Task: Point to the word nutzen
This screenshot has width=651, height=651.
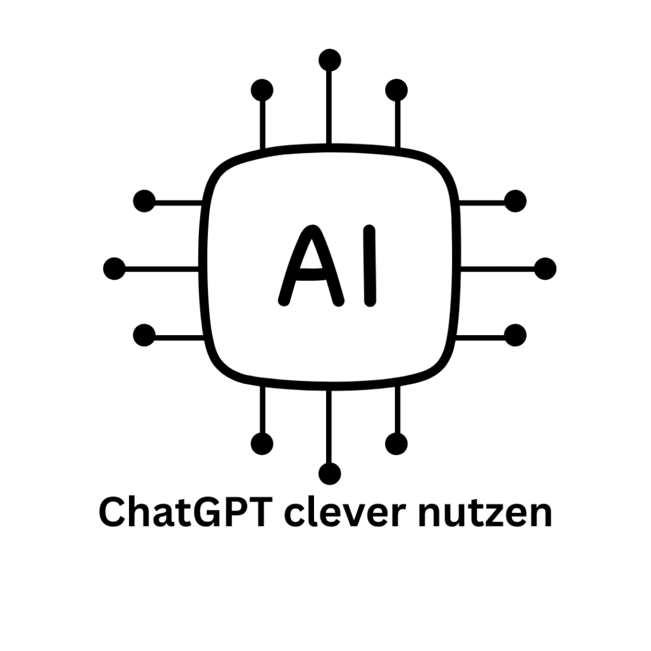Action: click(x=484, y=512)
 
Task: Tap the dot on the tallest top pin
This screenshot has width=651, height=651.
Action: click(x=329, y=60)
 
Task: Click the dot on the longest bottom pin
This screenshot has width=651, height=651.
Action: click(x=329, y=473)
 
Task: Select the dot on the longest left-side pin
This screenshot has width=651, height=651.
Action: click(x=114, y=268)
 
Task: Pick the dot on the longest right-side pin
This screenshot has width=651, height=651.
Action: click(x=545, y=268)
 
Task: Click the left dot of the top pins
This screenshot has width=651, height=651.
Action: click(x=262, y=90)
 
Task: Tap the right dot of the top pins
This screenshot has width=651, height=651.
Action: click(x=397, y=90)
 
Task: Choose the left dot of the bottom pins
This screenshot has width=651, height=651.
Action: click(x=262, y=443)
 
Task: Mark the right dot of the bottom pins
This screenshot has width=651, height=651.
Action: click(x=397, y=443)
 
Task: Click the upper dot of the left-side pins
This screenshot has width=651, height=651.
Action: click(x=144, y=201)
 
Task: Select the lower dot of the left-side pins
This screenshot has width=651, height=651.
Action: click(x=144, y=335)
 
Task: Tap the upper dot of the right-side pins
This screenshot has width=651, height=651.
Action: click(x=515, y=201)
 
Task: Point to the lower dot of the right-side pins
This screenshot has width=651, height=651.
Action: click(x=515, y=335)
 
